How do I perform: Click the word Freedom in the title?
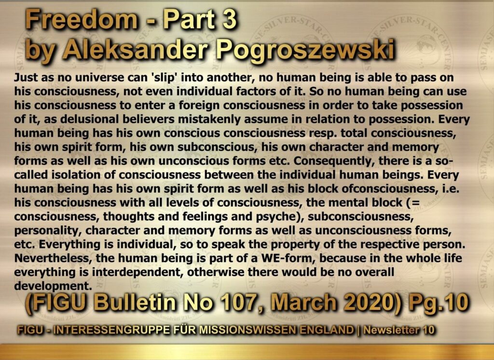[x=81, y=20]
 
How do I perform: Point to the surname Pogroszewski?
[x=305, y=51]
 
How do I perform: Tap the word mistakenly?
[x=193, y=120]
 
